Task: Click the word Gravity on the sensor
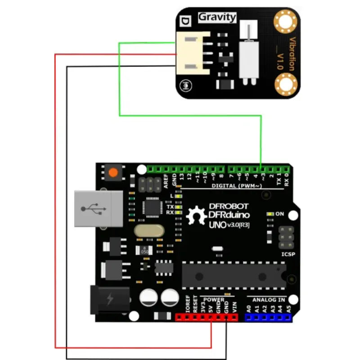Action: click(x=217, y=18)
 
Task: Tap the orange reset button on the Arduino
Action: click(x=112, y=172)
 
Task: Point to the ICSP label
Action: click(x=288, y=254)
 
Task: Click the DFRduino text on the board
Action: click(x=229, y=215)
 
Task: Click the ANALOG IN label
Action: click(x=268, y=299)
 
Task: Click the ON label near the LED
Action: click(x=279, y=214)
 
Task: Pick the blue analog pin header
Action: click(x=268, y=317)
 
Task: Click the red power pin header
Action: click(x=206, y=317)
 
